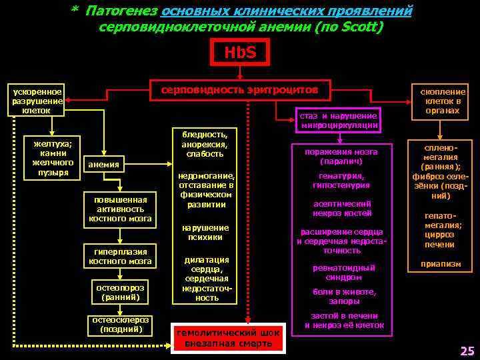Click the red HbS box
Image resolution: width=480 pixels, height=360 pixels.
click(239, 52)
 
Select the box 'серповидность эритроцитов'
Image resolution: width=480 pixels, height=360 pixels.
click(241, 89)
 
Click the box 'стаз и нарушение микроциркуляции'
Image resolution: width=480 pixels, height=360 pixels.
click(339, 120)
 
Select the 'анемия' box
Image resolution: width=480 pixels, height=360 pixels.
click(103, 165)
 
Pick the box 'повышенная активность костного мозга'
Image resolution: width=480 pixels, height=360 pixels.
click(120, 209)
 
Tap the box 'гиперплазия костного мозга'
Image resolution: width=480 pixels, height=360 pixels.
click(120, 256)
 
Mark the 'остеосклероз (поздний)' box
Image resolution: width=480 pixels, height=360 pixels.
click(120, 324)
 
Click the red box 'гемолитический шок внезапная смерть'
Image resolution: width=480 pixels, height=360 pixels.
click(228, 338)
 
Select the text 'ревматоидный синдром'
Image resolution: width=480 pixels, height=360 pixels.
click(344, 272)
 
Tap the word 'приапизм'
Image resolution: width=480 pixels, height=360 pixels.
click(440, 264)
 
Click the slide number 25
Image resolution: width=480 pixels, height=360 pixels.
click(466, 351)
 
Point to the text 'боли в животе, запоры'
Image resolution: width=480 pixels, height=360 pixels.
click(344, 296)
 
